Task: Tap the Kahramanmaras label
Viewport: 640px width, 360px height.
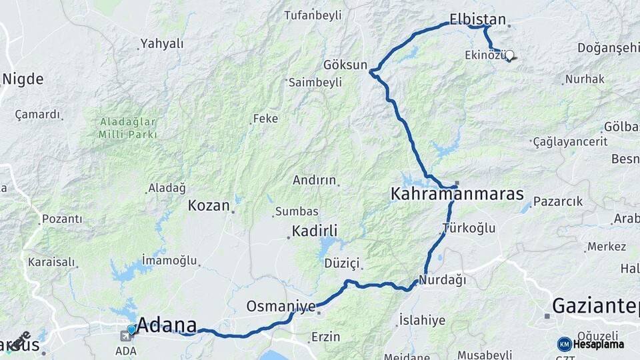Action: (457, 195)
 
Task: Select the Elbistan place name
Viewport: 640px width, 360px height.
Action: (477, 19)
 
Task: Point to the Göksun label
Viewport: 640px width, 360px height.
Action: (345, 65)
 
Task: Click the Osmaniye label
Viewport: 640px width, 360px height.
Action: (281, 306)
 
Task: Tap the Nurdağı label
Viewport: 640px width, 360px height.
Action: (443, 279)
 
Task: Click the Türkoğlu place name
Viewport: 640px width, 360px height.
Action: (469, 228)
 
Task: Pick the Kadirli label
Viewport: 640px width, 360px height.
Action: (315, 231)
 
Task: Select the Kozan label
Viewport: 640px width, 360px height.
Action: (208, 205)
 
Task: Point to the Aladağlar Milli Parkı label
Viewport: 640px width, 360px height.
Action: (128, 128)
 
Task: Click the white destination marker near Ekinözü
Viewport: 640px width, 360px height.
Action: (509, 55)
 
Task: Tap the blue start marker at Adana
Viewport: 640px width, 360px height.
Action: (131, 329)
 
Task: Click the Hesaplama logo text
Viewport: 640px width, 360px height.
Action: (599, 344)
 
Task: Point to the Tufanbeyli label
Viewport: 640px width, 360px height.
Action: (312, 15)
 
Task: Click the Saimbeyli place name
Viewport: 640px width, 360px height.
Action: (315, 82)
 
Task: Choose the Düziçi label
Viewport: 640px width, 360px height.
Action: (341, 263)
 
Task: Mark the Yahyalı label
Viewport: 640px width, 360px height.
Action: (161, 44)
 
